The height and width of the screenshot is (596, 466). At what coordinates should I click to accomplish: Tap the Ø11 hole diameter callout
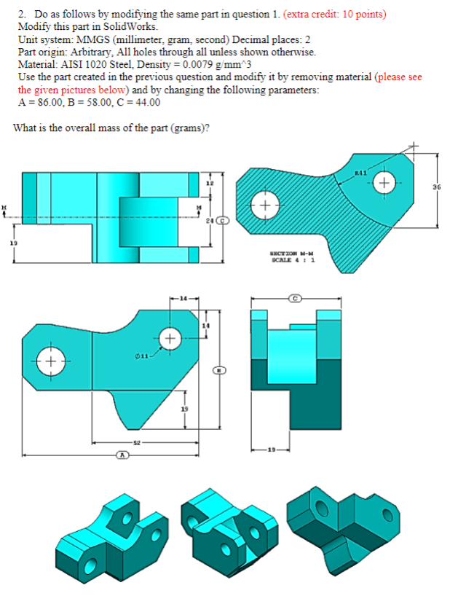[x=143, y=355]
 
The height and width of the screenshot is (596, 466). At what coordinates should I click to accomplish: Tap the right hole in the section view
[x=385, y=181]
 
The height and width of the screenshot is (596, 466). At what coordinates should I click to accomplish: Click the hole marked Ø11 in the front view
[x=170, y=340]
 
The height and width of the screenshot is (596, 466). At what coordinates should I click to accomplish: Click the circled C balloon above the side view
[x=295, y=299]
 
